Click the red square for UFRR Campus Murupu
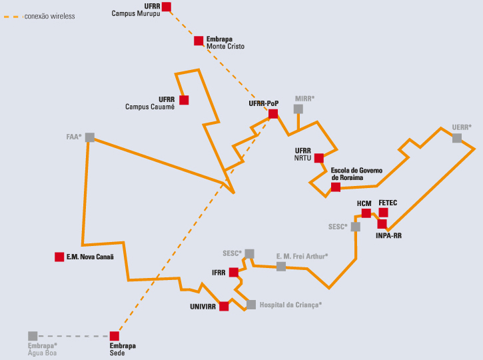pos(167,7)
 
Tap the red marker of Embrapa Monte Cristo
pos(199,41)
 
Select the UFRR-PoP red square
pos(273,114)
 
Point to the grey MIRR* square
pos(298,109)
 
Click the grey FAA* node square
pos(90,137)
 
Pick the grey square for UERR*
pos(457,138)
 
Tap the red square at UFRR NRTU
pos(318,158)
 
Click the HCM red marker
pos(366,213)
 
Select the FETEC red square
pos(383,213)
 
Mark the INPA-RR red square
pos(382,224)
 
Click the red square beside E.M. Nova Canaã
pos(59,257)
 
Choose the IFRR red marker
pos(233,272)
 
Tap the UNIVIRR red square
pos(224,307)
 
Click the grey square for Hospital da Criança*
pos(251,305)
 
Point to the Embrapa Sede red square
pos(115,336)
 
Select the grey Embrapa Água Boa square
pos(33,336)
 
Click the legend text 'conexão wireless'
pos(49,16)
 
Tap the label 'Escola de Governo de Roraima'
pos(356,174)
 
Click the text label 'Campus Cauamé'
pos(150,107)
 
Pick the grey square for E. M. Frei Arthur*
pos(281,266)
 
